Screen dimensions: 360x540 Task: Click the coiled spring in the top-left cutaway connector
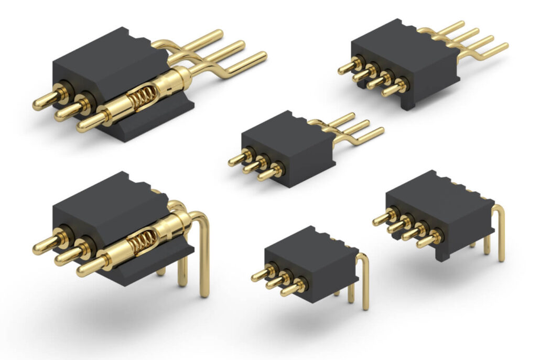click(138, 98)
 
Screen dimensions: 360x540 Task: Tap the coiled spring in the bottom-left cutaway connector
click(138, 242)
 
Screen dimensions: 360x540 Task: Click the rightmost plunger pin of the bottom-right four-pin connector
click(427, 241)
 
